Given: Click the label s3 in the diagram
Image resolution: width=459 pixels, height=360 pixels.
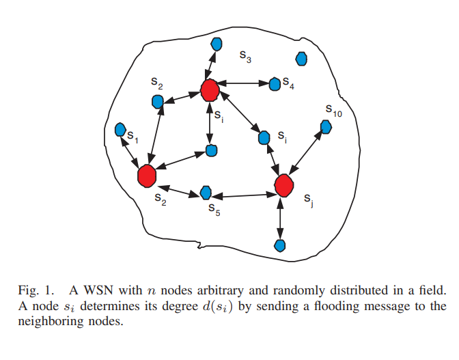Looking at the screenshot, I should [x=245, y=58].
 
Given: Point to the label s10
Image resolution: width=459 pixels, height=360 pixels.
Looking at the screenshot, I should [x=333, y=110].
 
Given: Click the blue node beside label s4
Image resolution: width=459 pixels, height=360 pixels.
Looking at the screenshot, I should [x=275, y=83].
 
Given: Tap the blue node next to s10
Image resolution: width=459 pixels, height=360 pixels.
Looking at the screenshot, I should [x=326, y=126].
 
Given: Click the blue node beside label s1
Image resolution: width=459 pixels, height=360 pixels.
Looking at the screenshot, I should [x=120, y=129].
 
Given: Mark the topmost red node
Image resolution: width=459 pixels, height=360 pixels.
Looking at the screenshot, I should [x=210, y=89].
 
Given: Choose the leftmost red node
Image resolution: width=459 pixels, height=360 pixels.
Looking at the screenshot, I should [x=146, y=176].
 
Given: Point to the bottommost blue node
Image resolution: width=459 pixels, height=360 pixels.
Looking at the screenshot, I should [x=279, y=245].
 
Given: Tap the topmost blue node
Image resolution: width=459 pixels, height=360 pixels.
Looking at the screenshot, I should [x=217, y=44].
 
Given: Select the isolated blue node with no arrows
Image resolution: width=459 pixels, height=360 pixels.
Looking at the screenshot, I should [x=301, y=59].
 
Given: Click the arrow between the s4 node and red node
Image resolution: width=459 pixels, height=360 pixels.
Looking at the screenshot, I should [x=243, y=84].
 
